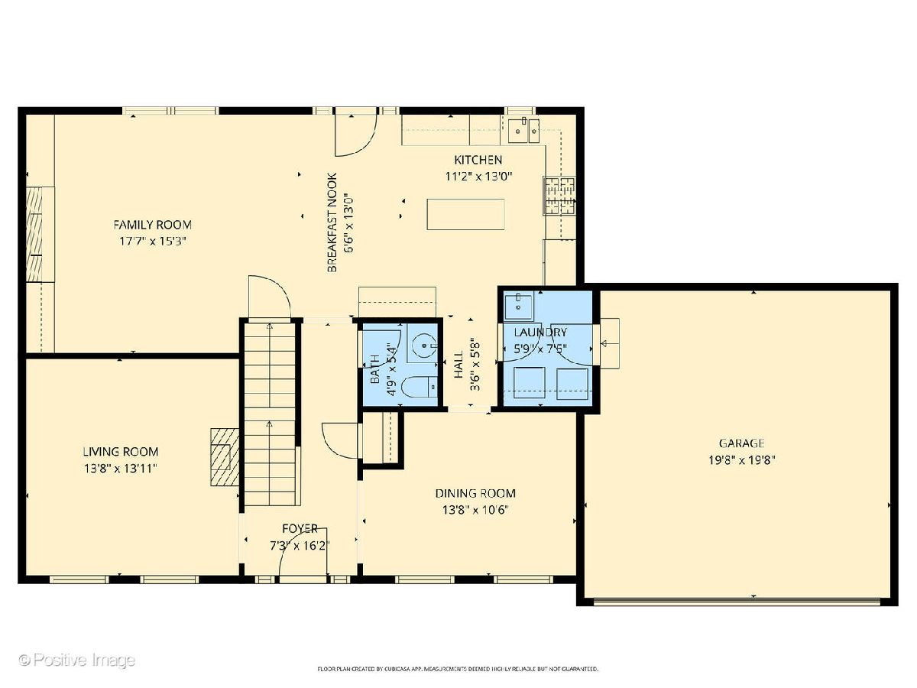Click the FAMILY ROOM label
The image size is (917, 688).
coord(153,225)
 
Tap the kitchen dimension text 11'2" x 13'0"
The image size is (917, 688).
coord(478,177)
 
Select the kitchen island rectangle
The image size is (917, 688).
coord(465,214)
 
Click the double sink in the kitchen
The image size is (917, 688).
coord(523,131)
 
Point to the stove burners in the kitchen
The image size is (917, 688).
coord(559,196)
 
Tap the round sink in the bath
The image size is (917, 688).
coord(423,346)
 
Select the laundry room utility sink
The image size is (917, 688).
coord(518,307)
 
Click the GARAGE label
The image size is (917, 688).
coord(741,443)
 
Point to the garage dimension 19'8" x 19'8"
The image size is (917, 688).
coord(742,460)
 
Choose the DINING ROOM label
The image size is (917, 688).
coord(475,493)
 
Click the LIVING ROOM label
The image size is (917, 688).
coord(121,452)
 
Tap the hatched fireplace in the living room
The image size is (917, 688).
coord(225,457)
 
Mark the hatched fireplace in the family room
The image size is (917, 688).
coord(34,235)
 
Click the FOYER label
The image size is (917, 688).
coord(300,529)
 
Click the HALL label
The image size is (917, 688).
coord(458,365)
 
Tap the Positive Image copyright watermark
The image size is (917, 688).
coord(77,660)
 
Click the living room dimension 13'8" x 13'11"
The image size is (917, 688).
coord(121,469)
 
